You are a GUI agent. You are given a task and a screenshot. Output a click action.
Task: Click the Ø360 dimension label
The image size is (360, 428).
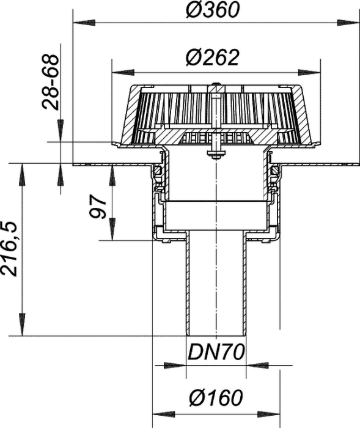click(x=212, y=10)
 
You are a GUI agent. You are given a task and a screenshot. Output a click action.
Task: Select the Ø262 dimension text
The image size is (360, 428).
click(x=212, y=57)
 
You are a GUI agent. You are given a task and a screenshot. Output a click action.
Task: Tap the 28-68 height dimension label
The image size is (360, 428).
click(x=51, y=82)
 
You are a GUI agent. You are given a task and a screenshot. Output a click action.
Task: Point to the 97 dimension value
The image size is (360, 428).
click(x=98, y=207)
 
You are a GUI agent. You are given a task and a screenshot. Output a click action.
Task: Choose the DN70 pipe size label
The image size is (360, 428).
click(x=216, y=352)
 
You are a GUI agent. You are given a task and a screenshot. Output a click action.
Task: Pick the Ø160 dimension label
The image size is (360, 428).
click(x=216, y=397)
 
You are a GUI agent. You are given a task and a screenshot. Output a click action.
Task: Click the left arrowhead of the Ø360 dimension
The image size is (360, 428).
click(x=84, y=23)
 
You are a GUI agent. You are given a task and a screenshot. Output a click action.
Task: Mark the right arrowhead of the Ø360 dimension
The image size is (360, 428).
click(x=347, y=23)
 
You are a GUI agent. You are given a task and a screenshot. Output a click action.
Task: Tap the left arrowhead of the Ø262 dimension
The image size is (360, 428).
click(x=123, y=72)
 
